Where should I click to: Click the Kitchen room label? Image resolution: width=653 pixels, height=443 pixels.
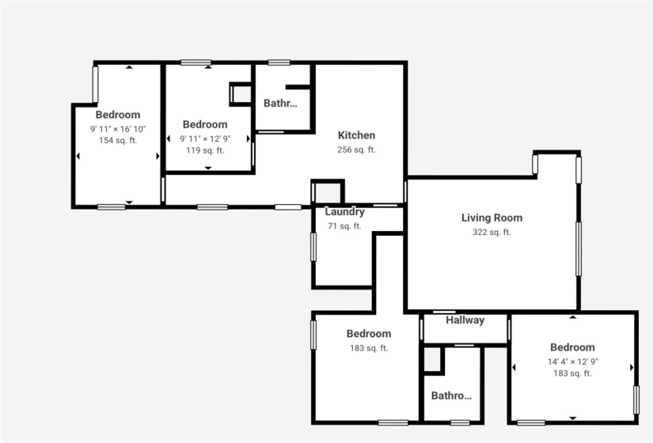(x=356, y=135)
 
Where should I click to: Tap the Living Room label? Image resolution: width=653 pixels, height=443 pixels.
(x=492, y=218)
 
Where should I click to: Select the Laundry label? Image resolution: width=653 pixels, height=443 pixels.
(x=344, y=212)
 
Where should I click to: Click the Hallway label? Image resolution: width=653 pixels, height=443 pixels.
(x=465, y=320)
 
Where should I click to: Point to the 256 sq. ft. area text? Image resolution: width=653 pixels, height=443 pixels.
(x=356, y=150)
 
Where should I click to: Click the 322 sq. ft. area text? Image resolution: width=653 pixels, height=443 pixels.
(x=492, y=232)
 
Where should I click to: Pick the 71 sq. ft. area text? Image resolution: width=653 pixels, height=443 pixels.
(x=344, y=226)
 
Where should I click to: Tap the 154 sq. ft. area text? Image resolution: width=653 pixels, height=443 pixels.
(x=118, y=141)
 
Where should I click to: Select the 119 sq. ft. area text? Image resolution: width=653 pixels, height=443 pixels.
(x=205, y=150)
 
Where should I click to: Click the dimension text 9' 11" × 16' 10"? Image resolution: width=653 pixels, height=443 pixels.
(x=118, y=128)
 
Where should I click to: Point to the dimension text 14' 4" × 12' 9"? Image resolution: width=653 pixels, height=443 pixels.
(x=572, y=361)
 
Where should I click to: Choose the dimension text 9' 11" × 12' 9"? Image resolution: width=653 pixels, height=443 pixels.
(x=205, y=138)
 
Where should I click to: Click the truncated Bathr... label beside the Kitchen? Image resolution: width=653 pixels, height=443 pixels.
(x=281, y=103)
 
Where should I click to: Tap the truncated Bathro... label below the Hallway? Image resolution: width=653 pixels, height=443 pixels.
(x=451, y=396)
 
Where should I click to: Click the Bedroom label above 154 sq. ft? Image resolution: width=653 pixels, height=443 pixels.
(x=118, y=115)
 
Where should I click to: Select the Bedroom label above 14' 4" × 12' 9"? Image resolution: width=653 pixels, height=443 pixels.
(x=572, y=347)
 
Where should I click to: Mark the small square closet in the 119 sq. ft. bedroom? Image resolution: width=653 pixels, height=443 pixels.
(x=239, y=94)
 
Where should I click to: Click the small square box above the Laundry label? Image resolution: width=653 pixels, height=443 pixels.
(x=328, y=192)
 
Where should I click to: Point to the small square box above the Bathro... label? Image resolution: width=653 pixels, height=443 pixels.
(x=432, y=360)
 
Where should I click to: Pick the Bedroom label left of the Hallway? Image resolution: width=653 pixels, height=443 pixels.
(x=369, y=334)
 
